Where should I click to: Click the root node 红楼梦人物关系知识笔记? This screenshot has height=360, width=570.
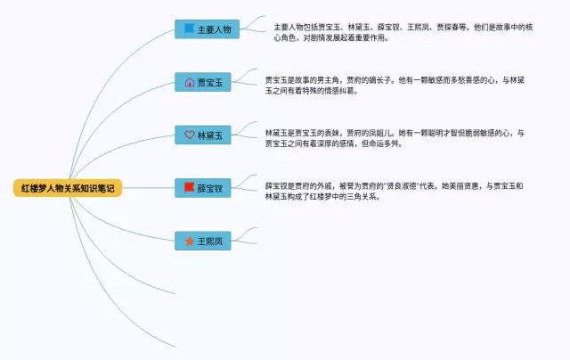68,188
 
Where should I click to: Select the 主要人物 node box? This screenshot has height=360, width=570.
207,29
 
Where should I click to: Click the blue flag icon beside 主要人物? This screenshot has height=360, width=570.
189,29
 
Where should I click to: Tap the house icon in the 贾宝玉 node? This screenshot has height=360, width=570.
189,82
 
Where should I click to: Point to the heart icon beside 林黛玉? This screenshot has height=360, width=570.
189,135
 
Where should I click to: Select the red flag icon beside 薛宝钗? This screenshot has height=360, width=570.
189,188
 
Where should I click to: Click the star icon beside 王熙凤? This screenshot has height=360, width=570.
189,241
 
